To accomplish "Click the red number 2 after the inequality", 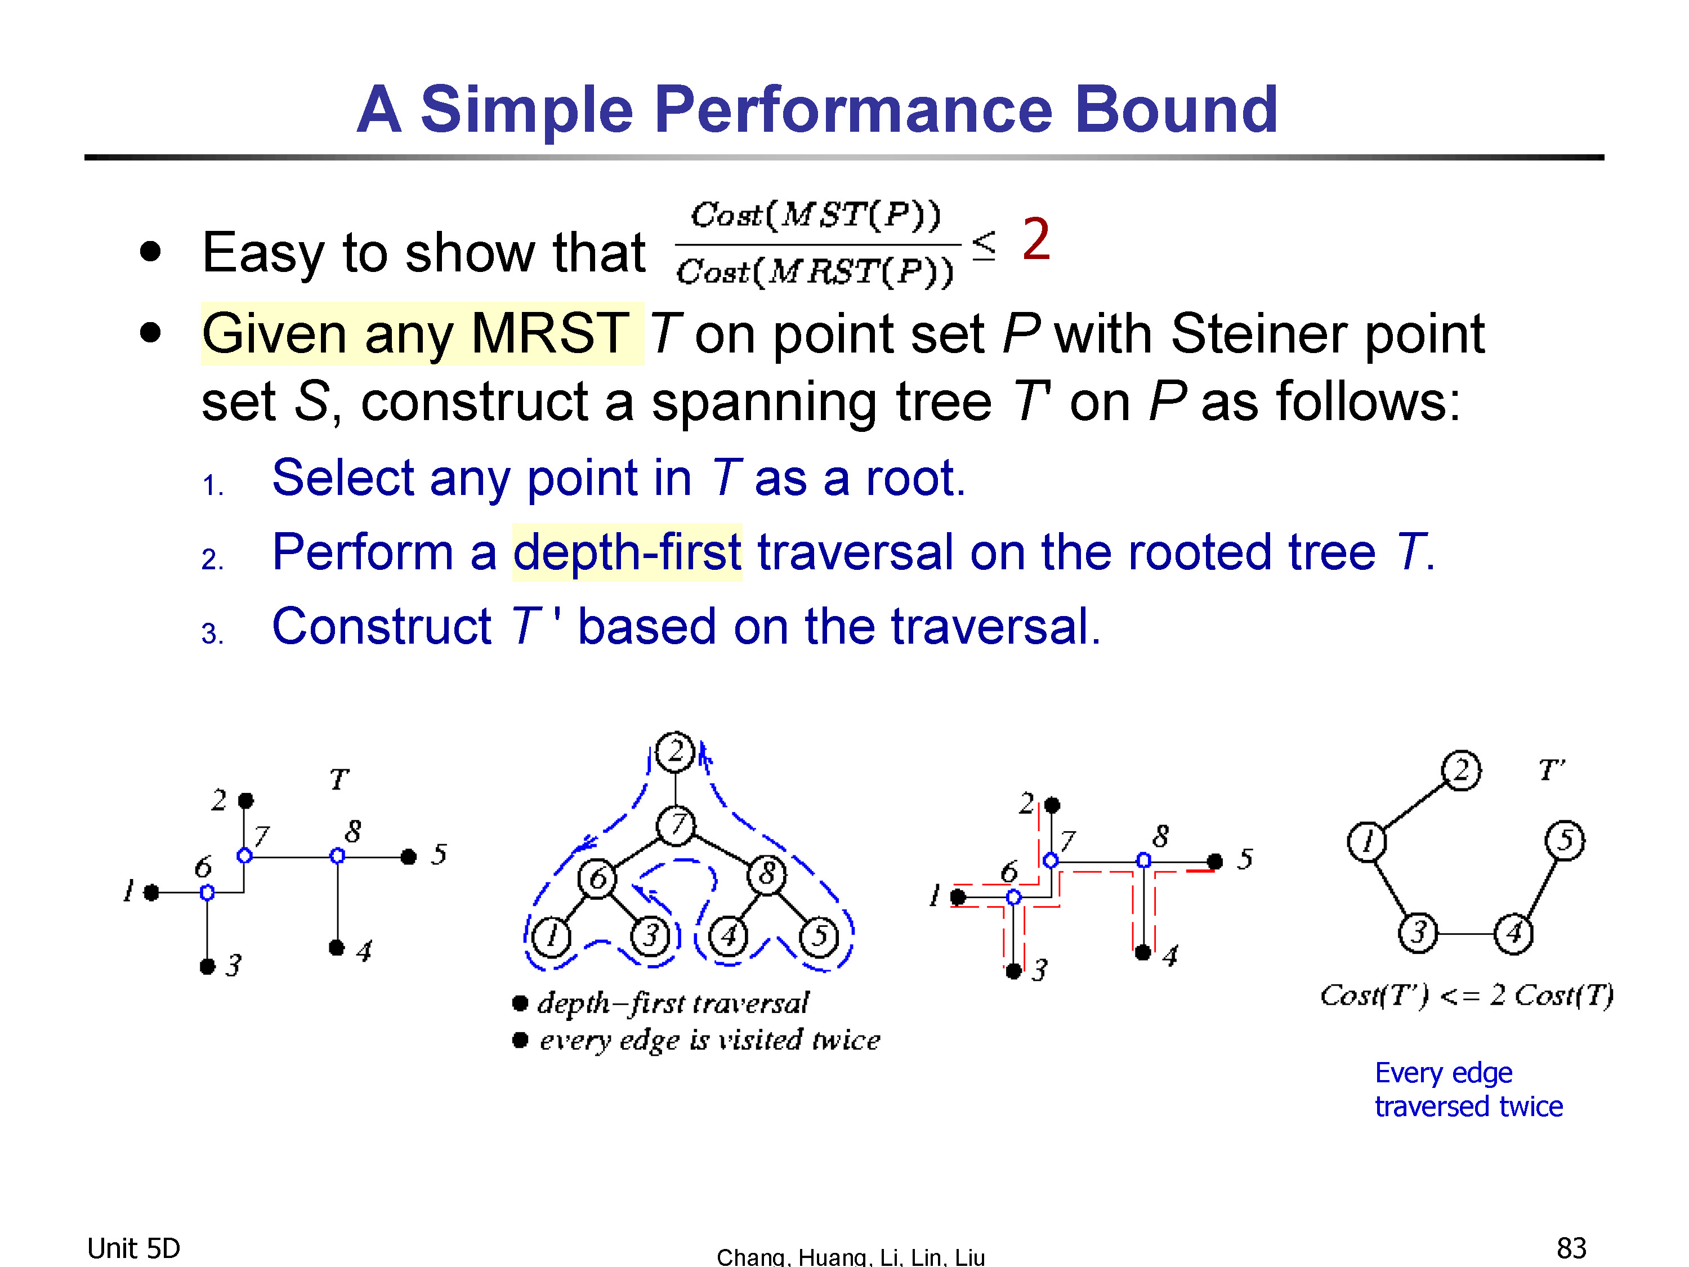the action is point(1036,239).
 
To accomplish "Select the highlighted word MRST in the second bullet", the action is point(549,334).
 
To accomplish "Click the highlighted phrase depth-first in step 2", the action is point(627,551).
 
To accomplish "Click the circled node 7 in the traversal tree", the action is point(676,826).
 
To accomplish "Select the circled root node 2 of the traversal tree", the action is point(675,752).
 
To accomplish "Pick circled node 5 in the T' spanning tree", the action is point(1565,840).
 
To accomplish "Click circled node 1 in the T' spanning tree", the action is point(1367,842).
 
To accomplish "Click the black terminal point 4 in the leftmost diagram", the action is point(337,948).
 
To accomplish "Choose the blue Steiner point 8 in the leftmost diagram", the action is point(337,856).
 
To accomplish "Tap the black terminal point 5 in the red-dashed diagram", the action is point(1216,862).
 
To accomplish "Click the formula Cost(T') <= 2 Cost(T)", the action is point(1467,995).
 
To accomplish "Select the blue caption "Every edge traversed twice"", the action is point(1468,1090).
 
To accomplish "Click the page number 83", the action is point(1571,1248).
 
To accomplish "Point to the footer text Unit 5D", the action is point(133,1248).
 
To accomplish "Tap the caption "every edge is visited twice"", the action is point(709,1040).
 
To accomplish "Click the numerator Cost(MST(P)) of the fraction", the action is point(815,215).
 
